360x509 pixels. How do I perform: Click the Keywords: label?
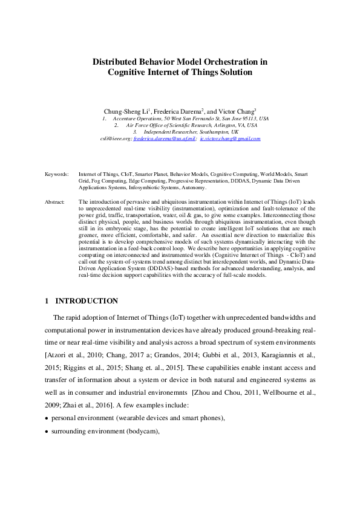click(x=57, y=173)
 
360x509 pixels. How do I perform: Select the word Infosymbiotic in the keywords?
click(x=147, y=187)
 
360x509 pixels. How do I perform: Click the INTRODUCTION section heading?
click(x=87, y=301)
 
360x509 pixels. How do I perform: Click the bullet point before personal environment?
click(x=47, y=418)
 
